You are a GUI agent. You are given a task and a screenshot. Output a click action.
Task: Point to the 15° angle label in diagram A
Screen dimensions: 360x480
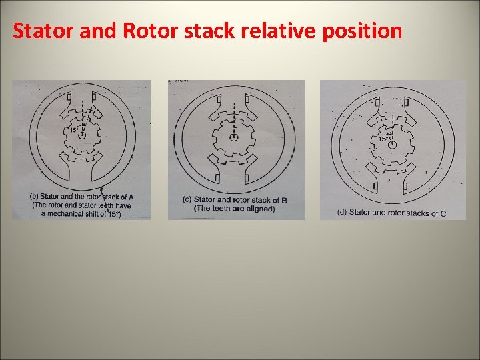tap(74, 129)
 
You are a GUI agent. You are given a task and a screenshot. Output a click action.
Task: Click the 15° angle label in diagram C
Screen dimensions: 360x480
tap(384, 138)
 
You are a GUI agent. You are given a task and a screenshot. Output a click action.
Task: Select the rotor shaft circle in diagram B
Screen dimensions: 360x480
tap(235, 137)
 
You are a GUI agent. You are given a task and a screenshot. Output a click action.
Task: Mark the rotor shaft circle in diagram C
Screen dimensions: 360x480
tap(393, 144)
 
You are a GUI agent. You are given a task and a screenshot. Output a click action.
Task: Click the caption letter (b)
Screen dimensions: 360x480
tap(35, 197)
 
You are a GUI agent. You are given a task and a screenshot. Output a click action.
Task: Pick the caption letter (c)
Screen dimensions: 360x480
tap(187, 199)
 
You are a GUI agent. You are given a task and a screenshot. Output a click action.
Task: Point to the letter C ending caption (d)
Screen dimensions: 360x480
tap(443, 213)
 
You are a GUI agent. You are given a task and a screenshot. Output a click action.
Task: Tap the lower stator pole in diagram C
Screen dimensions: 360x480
tap(393, 179)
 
